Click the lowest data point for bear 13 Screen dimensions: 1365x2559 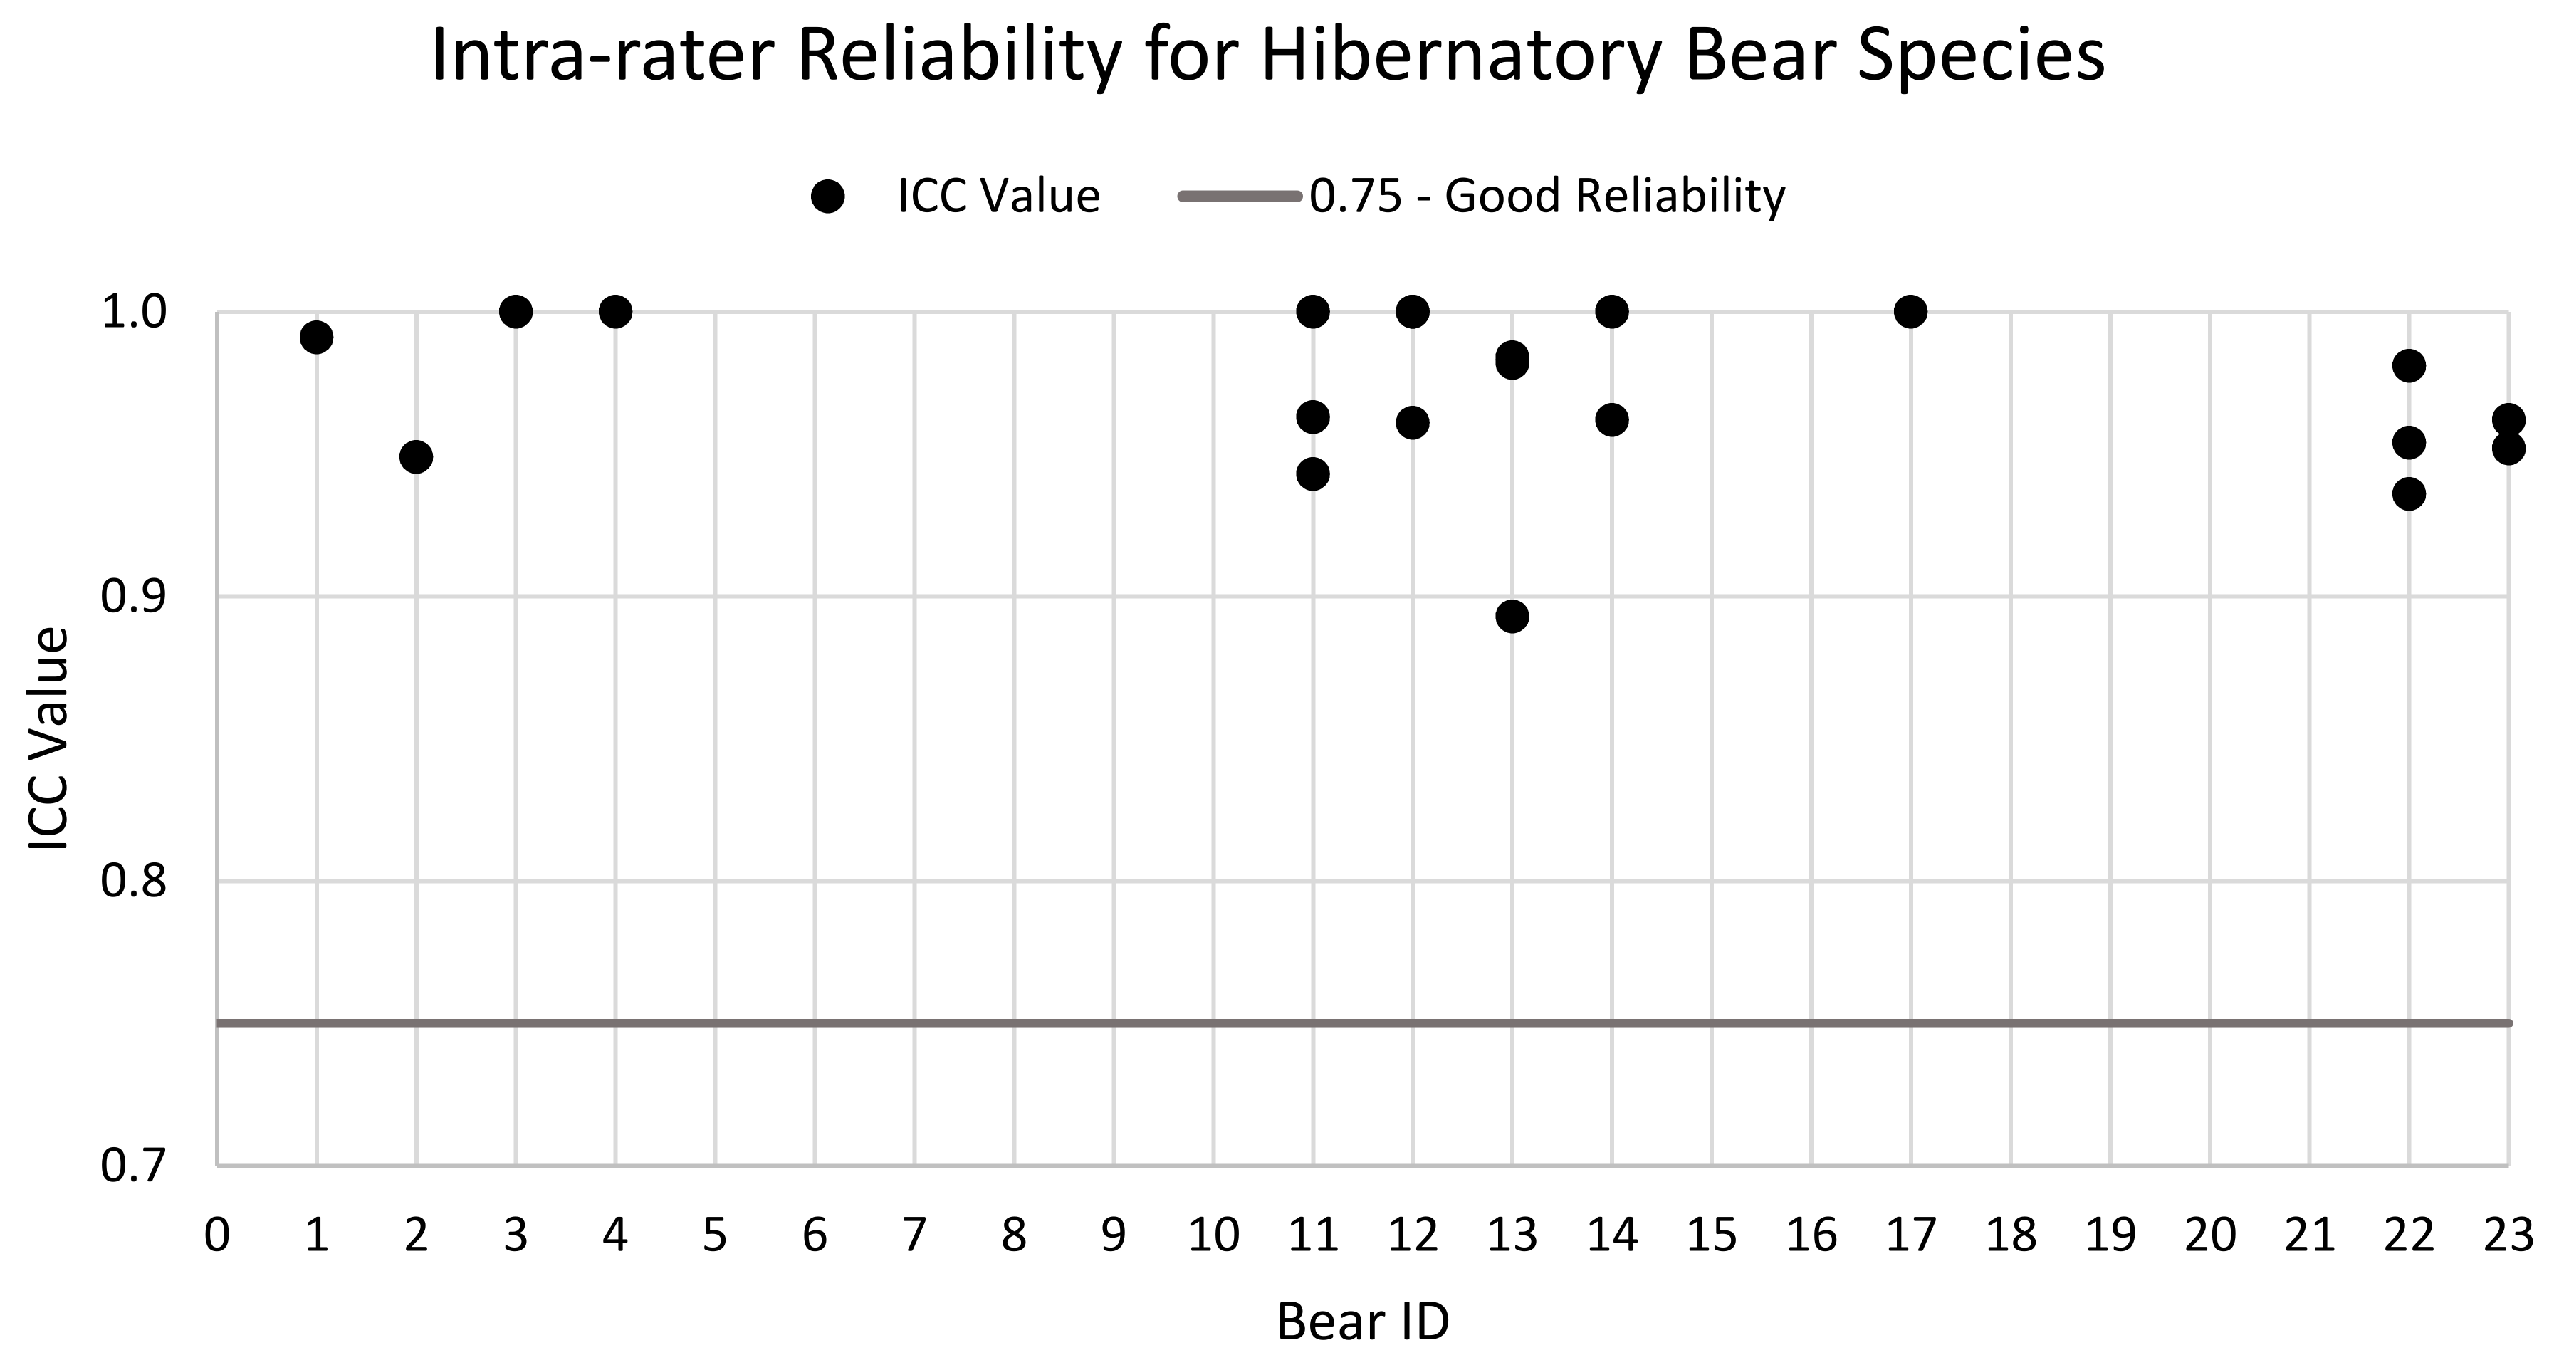1512,617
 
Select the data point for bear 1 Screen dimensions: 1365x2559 316,338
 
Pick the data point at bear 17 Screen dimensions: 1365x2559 1910,312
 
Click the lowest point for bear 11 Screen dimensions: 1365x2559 1312,475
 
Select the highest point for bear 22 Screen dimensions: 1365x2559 2409,365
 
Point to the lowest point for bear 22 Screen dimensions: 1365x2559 2409,493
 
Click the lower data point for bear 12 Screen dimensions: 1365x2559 1412,423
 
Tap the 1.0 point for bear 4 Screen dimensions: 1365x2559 615,312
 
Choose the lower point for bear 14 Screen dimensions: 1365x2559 1611,420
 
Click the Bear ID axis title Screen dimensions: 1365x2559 1362,1322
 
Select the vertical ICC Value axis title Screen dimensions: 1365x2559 48,738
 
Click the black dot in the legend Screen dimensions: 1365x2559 827,197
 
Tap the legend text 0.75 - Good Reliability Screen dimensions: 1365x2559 1547,197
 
